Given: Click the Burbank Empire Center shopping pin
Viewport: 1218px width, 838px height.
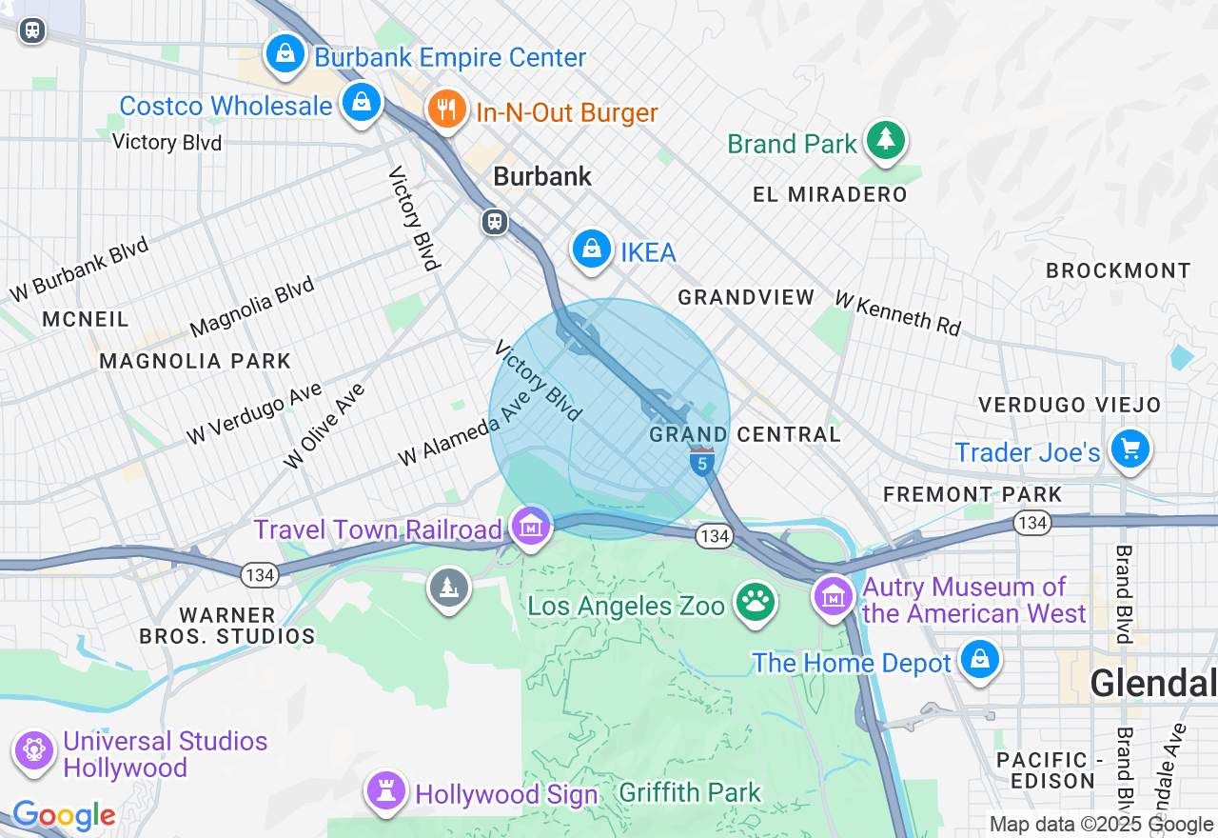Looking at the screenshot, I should [285, 54].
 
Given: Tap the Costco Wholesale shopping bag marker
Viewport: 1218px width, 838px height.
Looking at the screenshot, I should [361, 103].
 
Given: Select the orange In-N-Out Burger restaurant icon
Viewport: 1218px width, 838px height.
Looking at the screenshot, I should [444, 110].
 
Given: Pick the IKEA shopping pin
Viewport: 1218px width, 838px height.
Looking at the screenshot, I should [591, 250].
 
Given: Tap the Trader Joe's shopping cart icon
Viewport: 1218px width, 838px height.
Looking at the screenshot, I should [1130, 449].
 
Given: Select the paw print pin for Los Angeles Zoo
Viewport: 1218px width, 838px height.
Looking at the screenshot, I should [756, 603].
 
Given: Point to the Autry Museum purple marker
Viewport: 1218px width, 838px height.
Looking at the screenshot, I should [834, 597].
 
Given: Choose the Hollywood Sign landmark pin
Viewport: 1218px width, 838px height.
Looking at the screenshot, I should [386, 791].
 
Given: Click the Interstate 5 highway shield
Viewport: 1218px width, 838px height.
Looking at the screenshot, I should [702, 462].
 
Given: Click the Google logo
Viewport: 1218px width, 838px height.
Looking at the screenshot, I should [64, 815].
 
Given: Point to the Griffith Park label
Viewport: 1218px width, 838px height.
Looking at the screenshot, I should [690, 792].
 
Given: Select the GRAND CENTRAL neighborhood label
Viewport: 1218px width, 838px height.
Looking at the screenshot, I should [745, 435].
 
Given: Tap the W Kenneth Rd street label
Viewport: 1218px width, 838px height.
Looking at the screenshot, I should [897, 312].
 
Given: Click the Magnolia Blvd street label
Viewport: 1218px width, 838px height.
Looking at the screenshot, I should [252, 307].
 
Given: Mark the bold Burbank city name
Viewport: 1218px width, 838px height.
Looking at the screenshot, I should [542, 176].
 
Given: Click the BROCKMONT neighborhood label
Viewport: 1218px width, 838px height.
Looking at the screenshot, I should [1118, 270].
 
